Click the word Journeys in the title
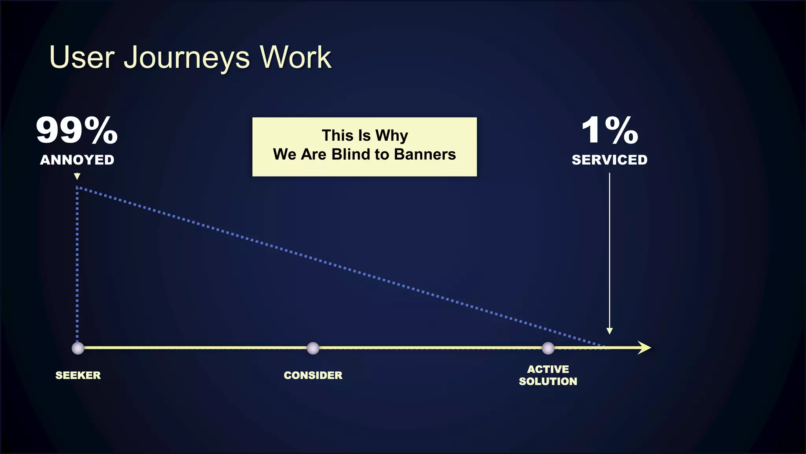click(x=187, y=58)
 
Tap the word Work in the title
click(x=295, y=58)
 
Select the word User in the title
click(x=82, y=58)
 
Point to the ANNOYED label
click(x=77, y=160)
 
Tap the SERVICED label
click(x=609, y=160)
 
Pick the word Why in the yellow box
click(x=392, y=136)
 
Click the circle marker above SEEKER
click(x=78, y=348)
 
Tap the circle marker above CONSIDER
click(x=313, y=348)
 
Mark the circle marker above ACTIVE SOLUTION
click(x=548, y=348)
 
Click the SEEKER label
click(x=78, y=375)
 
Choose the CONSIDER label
click(x=313, y=375)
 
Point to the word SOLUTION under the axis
click(x=548, y=381)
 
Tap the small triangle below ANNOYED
click(x=77, y=177)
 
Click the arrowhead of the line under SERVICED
click(x=609, y=331)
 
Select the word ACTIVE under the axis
click(x=548, y=369)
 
